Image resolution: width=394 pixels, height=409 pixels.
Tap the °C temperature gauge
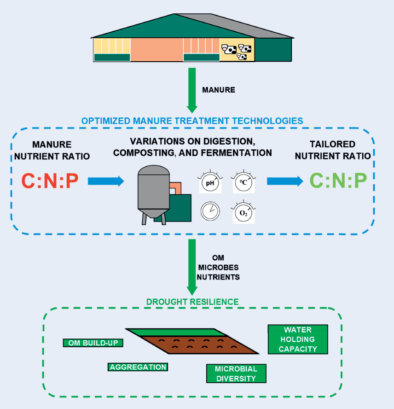click(x=243, y=183)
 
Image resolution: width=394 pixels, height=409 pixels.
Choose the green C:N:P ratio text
click(x=338, y=181)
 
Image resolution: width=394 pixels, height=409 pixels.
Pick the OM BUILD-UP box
click(x=93, y=343)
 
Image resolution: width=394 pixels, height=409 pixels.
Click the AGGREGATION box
click(x=138, y=367)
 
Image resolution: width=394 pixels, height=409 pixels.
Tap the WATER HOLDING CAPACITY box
click(x=298, y=339)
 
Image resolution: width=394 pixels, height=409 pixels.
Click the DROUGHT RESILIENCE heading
click(x=192, y=302)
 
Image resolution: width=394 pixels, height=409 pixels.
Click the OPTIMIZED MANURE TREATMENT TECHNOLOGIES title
click(x=192, y=121)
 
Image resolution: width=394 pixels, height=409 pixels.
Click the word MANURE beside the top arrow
click(x=219, y=90)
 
